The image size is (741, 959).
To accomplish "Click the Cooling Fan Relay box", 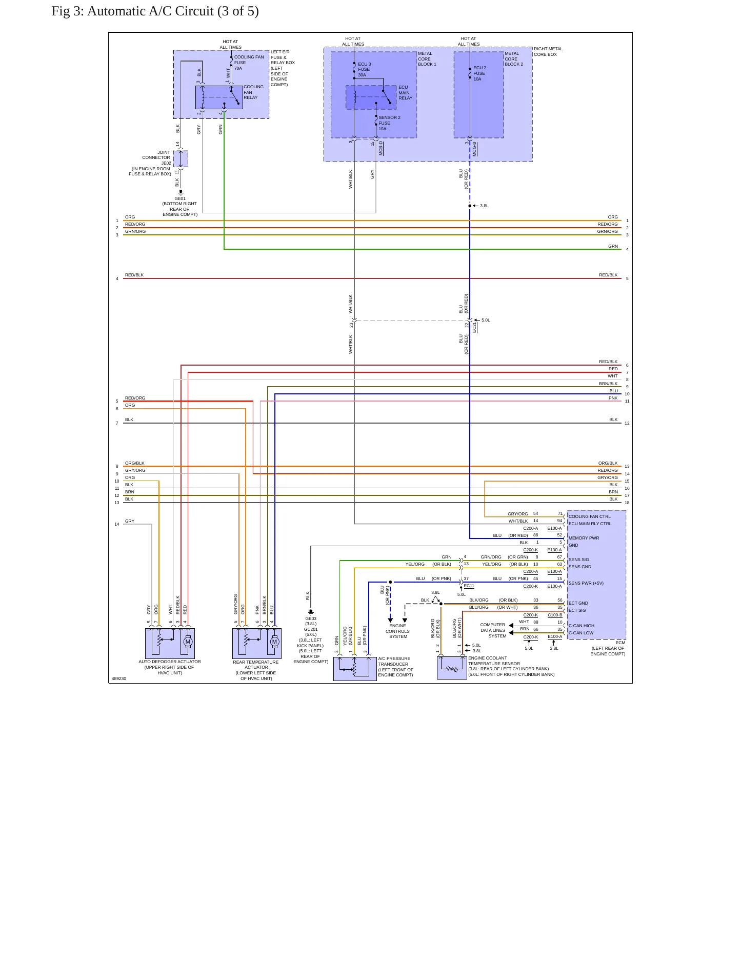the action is pos(219,97).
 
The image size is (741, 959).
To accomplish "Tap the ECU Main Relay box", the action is pos(371,97).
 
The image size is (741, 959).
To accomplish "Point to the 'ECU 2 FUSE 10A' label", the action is pos(479,73).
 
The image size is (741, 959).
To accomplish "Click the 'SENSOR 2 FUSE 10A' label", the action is pos(389,123).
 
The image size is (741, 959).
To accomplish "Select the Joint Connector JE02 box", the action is pos(181,159).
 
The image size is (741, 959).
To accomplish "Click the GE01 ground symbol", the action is pos(181,193).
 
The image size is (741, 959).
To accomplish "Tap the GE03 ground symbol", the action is pos(311,612).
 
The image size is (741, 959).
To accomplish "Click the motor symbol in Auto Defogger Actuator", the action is pos(188,642).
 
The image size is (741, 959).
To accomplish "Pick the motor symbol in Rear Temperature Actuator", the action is pos(274,642).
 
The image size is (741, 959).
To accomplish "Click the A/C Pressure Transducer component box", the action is pos(355,669).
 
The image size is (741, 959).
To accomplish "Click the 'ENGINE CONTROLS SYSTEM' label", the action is pos(398,631).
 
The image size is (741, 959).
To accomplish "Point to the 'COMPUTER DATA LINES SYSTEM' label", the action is pos(493,630).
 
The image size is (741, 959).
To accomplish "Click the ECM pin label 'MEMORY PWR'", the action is pos(584,538).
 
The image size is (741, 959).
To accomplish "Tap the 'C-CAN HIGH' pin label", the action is pos(582,626).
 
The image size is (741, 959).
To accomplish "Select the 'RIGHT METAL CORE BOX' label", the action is pos(548,52).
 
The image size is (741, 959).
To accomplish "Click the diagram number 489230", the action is pos(119,678).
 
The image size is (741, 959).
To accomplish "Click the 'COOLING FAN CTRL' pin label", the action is pos(590,516).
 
